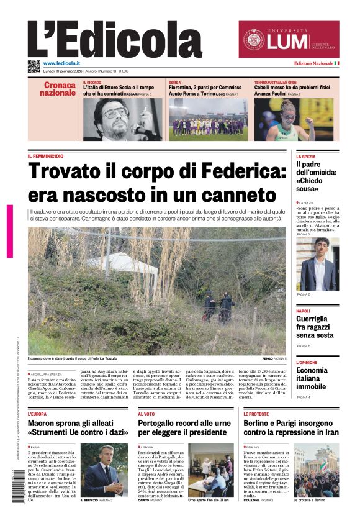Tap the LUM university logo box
289,39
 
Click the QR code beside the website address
34,66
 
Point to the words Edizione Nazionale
313,63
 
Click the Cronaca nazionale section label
58,89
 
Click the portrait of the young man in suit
318,264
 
